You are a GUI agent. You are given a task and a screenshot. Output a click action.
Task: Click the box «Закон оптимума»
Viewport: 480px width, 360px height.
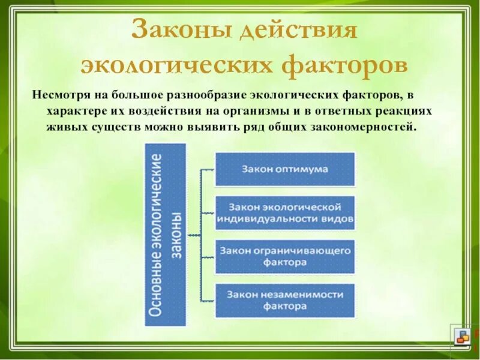pos(285,169)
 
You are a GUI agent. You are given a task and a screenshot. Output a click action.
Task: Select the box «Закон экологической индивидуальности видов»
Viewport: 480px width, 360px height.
pos(285,212)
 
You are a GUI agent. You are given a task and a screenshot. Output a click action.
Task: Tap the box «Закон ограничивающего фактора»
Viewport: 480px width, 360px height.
pos(285,256)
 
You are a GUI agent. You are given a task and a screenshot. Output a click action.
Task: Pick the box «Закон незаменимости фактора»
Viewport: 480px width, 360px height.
pos(285,301)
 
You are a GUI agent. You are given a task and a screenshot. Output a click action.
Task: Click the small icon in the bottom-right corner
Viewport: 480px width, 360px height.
pos(462,337)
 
